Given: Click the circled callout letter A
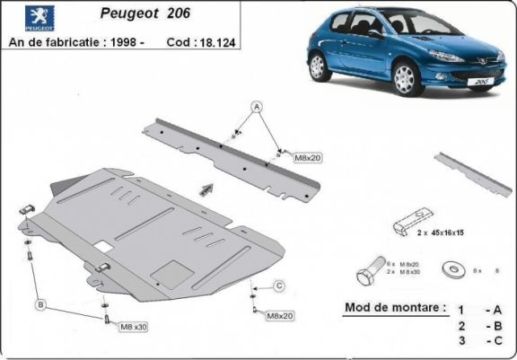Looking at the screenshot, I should pos(256,107).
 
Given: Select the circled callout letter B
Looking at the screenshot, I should pos(41,304).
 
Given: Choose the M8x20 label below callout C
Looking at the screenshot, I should pos(280,316).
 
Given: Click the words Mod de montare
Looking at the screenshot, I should pos(395,308).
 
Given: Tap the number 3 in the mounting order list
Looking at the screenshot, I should pos(460,340).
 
